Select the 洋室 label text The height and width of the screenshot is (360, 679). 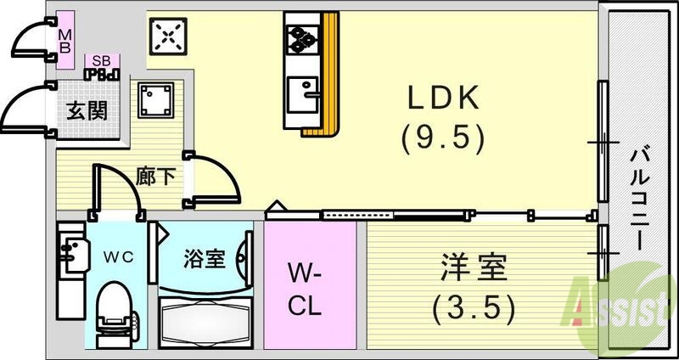(x=474, y=272)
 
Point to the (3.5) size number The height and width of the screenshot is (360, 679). (x=474, y=307)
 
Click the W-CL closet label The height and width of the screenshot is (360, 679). (x=303, y=289)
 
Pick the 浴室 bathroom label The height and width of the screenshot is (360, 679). (x=205, y=257)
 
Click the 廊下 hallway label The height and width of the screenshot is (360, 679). (x=156, y=177)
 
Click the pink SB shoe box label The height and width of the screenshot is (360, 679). (x=102, y=61)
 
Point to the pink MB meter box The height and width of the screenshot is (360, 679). (x=65, y=38)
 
